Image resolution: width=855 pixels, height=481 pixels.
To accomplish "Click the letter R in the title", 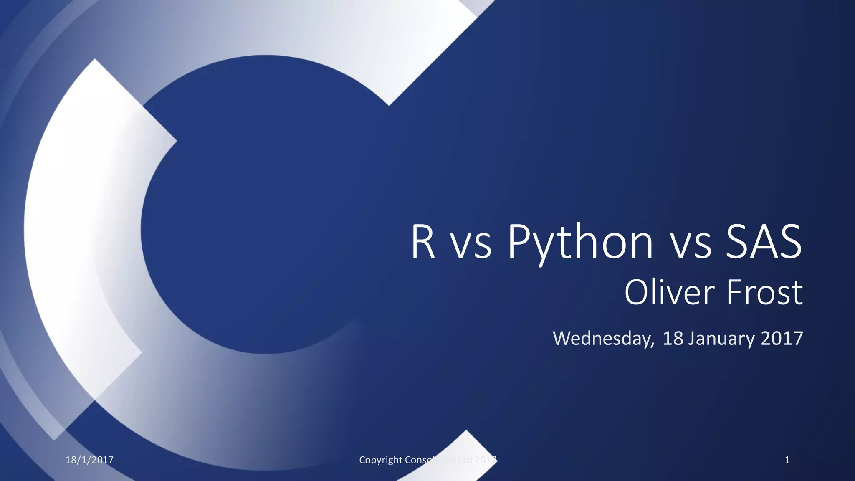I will coord(423,242).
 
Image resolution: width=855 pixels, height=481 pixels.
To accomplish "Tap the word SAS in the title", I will coord(764,242).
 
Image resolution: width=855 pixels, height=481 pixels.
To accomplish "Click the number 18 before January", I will coord(673,338).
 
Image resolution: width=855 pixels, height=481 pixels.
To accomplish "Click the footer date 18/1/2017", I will coord(89,460).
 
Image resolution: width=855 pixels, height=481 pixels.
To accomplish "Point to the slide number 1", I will coord(787,460).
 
